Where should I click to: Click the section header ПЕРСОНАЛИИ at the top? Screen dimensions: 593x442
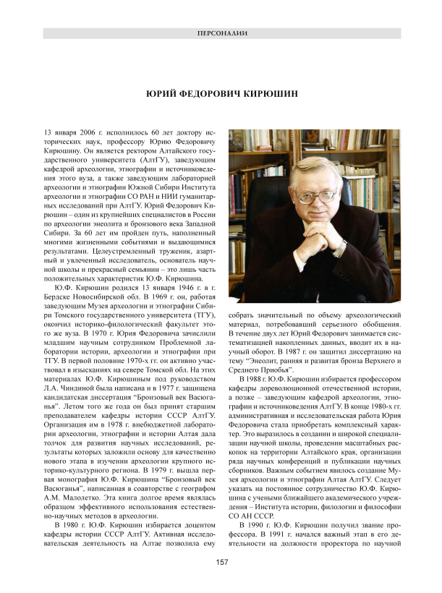tap(221, 34)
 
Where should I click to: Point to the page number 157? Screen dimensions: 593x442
tap(221, 561)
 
